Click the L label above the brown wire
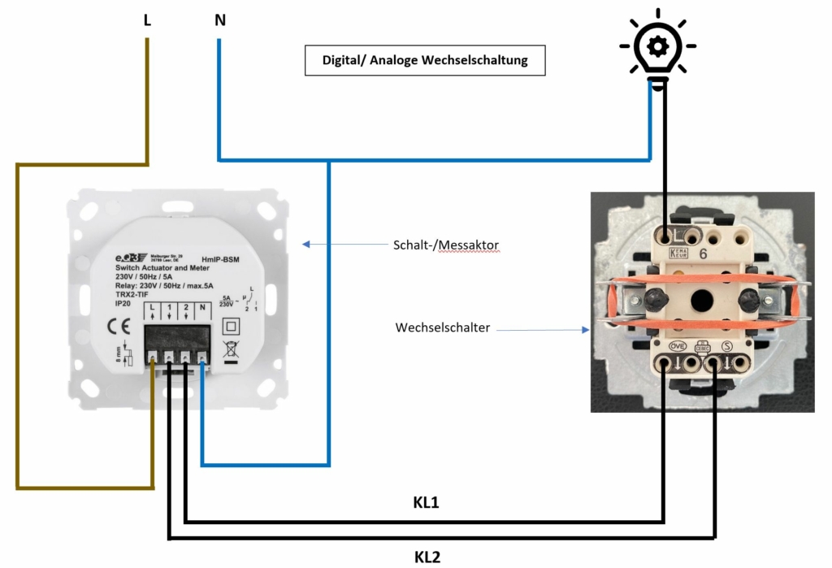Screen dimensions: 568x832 (147, 20)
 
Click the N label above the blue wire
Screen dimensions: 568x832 (219, 20)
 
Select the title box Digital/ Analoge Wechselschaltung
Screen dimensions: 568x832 (424, 60)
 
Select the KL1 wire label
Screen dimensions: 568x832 (427, 503)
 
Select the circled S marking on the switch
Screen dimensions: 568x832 (726, 346)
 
